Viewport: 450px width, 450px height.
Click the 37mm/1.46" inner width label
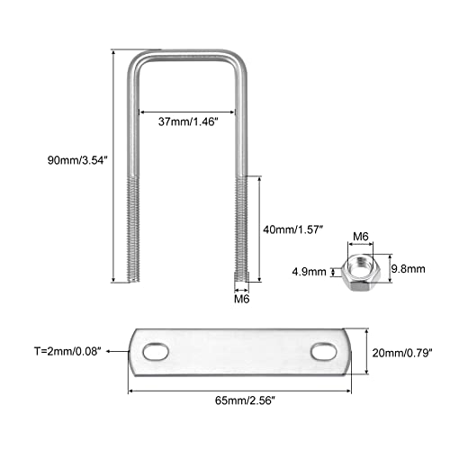pos(187,121)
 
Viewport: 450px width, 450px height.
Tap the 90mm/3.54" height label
pos(77,160)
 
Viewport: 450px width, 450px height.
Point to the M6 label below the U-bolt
pos(242,299)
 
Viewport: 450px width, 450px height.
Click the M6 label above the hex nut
pos(360,237)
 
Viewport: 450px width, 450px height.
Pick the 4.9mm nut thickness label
pos(310,272)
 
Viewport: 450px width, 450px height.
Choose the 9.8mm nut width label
pos(409,269)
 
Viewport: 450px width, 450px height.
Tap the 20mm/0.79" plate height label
pos(402,353)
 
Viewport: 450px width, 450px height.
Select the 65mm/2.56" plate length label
pos(245,400)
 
